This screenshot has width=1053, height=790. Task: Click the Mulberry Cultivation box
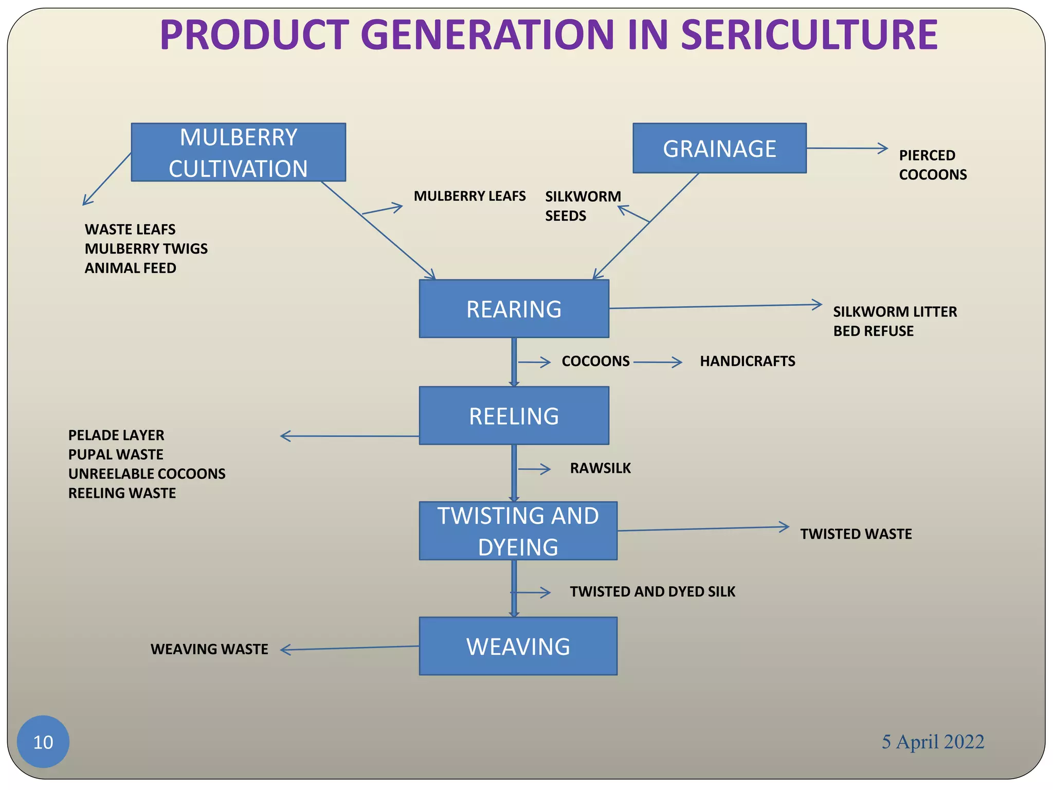pos(238,152)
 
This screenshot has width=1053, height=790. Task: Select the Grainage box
pos(719,148)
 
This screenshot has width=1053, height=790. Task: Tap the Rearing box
pos(514,309)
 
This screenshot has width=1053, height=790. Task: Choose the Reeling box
pos(514,416)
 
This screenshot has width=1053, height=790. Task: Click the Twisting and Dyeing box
pos(518,531)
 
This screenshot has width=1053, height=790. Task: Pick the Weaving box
pos(518,646)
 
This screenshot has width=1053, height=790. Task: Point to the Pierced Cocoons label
pos(932,165)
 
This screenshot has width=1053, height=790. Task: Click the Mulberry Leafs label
pos(469,196)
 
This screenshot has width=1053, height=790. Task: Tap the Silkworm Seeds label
pos(583,206)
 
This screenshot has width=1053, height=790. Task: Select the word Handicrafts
pos(747,361)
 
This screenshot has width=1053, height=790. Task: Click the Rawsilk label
pos(600,468)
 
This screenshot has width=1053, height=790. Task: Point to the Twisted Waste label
pos(856,534)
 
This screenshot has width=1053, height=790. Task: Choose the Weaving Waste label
pos(209,649)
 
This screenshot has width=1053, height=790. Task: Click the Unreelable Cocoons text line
pos(147,474)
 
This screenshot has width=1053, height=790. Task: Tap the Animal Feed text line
pos(130,268)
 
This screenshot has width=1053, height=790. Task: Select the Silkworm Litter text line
pos(895,312)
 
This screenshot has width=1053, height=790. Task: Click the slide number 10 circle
pos(43,742)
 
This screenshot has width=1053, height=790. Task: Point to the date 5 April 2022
pos(933,742)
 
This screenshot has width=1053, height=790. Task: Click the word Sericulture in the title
pos(809,35)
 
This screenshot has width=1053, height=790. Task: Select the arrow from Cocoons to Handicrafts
pos(658,363)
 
